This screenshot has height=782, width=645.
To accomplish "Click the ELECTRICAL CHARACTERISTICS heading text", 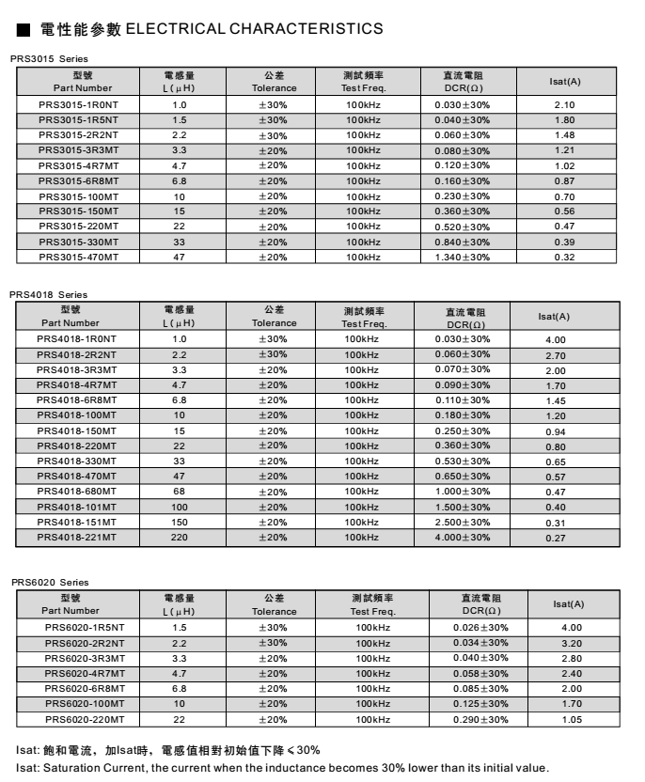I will (254, 29).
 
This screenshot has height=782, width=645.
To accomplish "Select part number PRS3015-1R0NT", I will (78, 105).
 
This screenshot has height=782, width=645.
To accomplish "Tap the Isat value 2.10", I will (564, 105).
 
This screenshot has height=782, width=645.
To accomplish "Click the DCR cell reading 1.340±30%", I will (462, 258).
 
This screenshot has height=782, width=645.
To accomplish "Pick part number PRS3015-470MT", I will (78, 258).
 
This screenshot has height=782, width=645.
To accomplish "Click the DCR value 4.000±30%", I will (462, 538).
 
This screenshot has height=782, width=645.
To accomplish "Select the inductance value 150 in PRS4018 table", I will (180, 523).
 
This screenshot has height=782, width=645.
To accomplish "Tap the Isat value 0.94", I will (556, 431).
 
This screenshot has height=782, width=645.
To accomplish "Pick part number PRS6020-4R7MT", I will (85, 674).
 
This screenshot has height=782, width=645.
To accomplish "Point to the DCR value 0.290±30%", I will (480, 720).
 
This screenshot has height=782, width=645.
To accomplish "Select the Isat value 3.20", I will (572, 644).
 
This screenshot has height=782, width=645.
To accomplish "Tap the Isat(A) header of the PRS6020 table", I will (568, 604).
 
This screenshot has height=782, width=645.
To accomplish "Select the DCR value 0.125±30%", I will (480, 704).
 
